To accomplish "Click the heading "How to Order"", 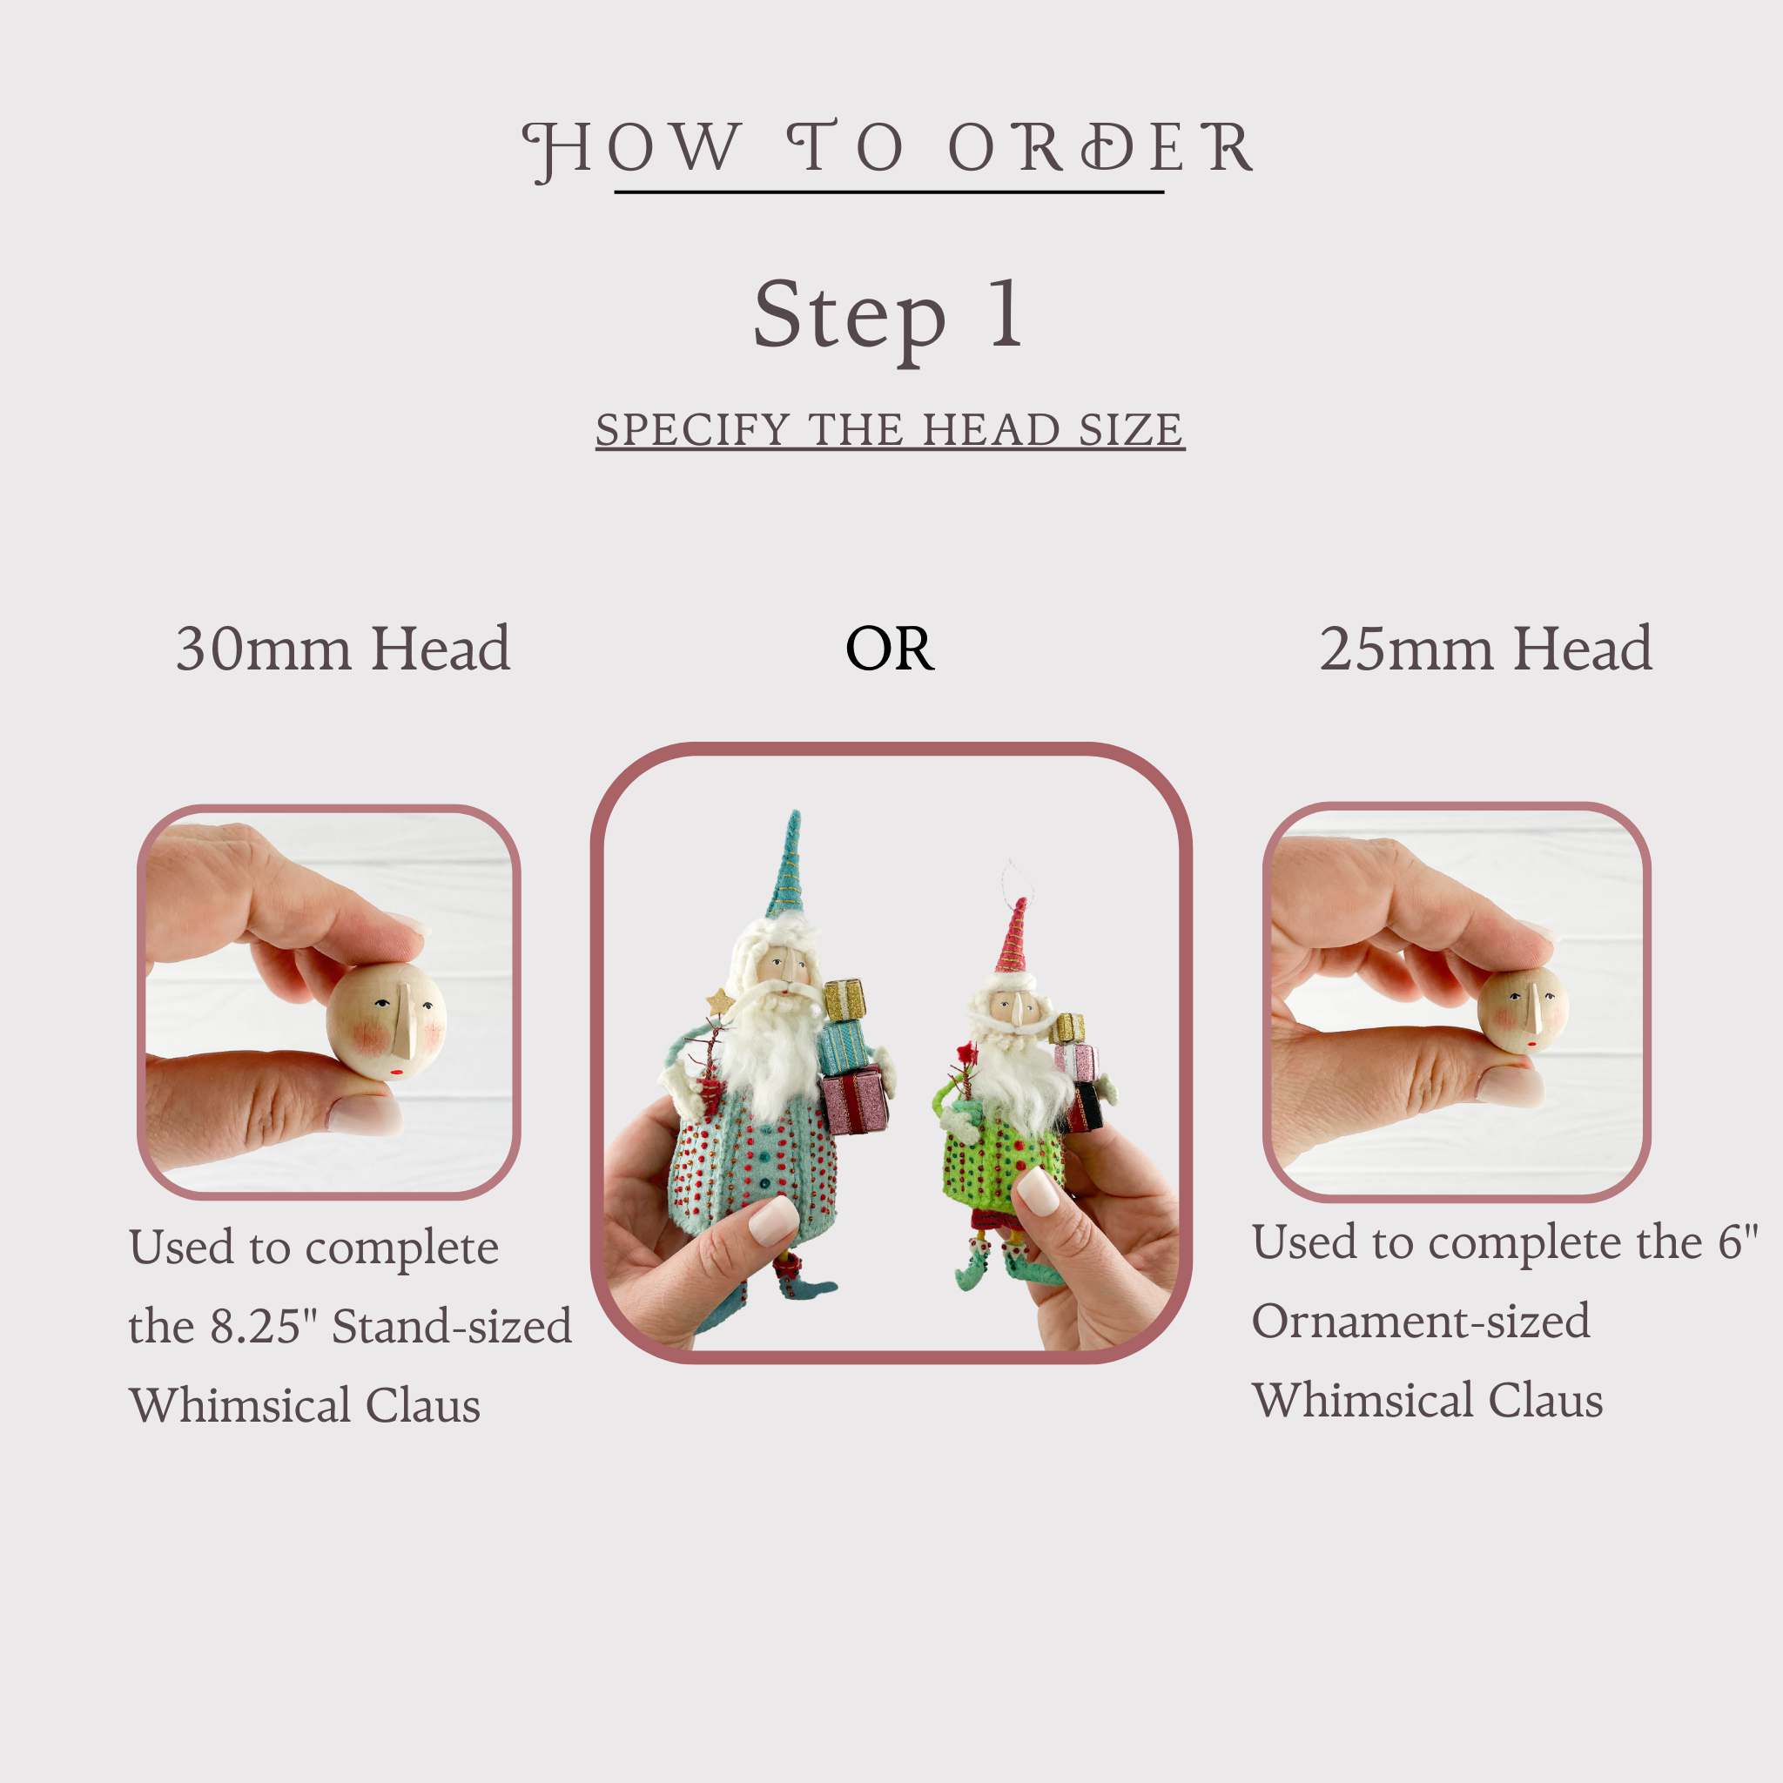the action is (x=888, y=149).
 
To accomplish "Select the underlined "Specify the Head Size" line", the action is (x=890, y=430).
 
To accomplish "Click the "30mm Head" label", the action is (x=342, y=648).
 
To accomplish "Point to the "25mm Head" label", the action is (x=1485, y=648).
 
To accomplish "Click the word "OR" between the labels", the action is (x=890, y=649).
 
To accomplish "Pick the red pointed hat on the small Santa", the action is (x=1013, y=936).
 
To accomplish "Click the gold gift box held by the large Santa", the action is (x=844, y=1000).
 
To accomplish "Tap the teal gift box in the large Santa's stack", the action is (x=843, y=1046).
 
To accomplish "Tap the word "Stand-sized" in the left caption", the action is (x=451, y=1326).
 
